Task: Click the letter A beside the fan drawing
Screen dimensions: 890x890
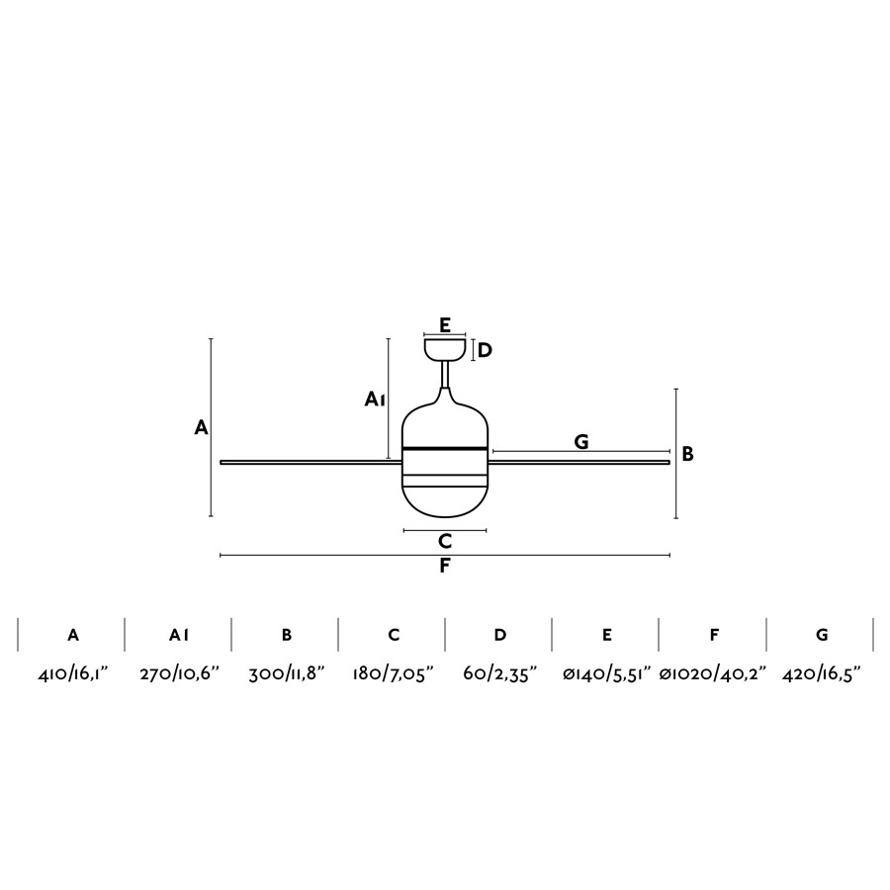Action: (201, 427)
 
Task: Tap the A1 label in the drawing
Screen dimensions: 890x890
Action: (375, 400)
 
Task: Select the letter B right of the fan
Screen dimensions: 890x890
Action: (687, 454)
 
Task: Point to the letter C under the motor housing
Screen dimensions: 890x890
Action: (445, 542)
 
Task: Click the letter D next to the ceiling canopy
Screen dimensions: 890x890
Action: (485, 351)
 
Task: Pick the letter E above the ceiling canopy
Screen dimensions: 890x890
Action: (445, 325)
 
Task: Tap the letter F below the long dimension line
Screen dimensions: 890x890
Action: (445, 566)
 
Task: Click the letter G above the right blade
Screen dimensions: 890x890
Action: (581, 442)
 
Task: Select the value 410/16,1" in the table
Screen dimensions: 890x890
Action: (72, 674)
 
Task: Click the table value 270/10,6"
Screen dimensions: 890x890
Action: (179, 674)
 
